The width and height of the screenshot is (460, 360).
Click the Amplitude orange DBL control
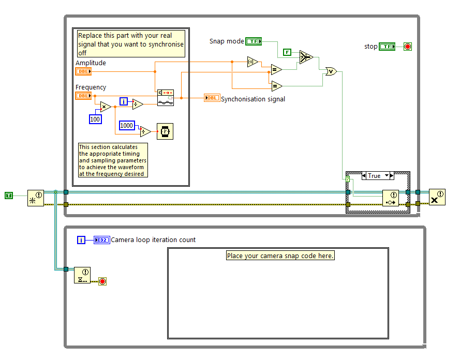tap(83, 71)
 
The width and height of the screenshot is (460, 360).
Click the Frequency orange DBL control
tap(83, 96)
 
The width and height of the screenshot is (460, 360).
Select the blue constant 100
tap(95, 119)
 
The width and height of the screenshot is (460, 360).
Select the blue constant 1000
tap(127, 125)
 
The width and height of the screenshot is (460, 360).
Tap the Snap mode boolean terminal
tap(254, 41)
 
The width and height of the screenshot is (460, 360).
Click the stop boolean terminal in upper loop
tap(387, 47)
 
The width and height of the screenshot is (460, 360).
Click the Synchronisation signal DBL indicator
tap(212, 98)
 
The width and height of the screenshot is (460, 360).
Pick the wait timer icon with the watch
tap(165, 131)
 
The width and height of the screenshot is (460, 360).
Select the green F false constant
tap(287, 52)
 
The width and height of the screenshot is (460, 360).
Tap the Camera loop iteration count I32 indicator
tap(102, 239)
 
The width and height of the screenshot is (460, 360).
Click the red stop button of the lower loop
tap(102, 281)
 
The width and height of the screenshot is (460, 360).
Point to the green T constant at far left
tap(9, 195)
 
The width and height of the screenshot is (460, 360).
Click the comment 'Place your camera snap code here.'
tap(280, 256)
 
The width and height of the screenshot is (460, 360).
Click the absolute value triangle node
tap(252, 62)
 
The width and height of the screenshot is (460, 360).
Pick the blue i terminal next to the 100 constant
tap(124, 101)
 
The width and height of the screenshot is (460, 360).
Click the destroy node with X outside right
tap(437, 197)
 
